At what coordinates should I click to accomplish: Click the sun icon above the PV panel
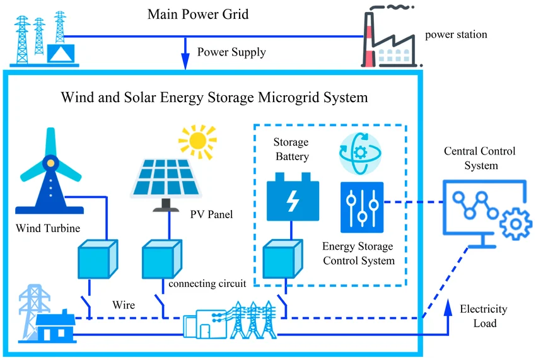click(197, 140)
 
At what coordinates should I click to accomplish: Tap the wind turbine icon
click(51, 170)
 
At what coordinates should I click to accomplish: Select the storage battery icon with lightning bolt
click(293, 199)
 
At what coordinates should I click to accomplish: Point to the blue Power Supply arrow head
click(185, 62)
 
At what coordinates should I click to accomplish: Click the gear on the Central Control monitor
click(515, 223)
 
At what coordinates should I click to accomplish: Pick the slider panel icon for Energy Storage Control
click(361, 207)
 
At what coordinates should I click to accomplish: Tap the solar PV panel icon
click(166, 177)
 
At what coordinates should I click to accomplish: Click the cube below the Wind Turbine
click(96, 258)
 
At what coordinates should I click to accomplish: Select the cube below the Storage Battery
click(281, 258)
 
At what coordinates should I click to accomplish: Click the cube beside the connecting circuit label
click(160, 258)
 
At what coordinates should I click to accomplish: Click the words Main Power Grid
click(198, 14)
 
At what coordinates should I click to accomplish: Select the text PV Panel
click(211, 214)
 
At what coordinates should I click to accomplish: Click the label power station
click(456, 35)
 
